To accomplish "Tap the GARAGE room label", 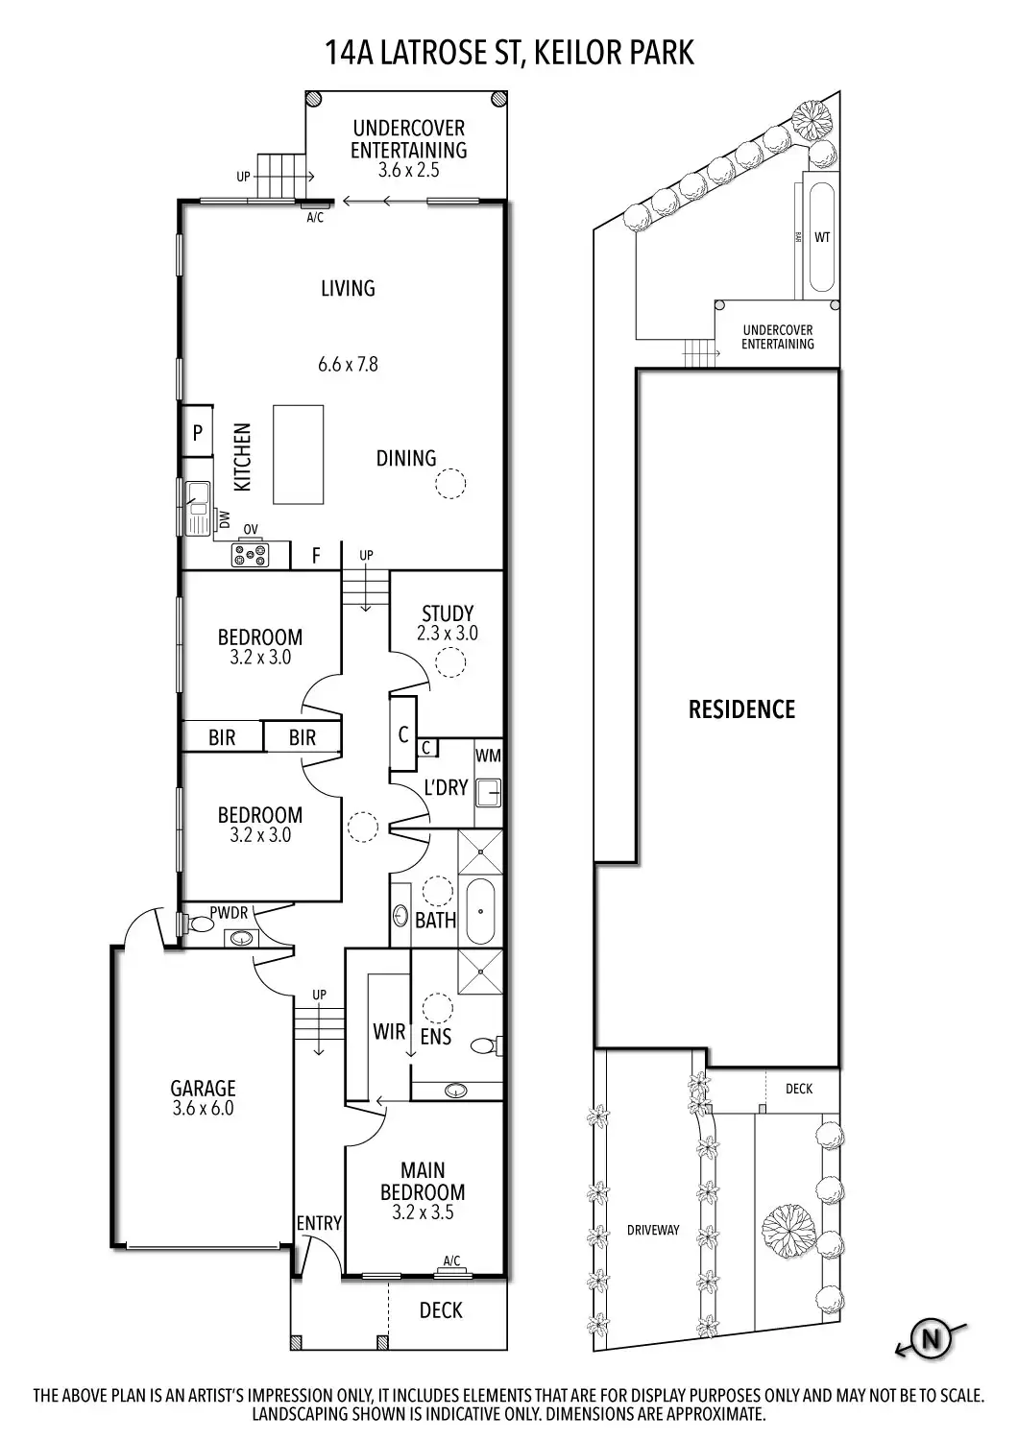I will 203,1088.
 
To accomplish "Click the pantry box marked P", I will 198,433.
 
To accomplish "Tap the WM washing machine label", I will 488,756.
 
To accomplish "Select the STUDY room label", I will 448,612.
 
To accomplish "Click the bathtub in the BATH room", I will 480,912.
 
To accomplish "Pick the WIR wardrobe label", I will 388,1032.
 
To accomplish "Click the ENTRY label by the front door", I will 319,1222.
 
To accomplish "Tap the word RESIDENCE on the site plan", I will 741,709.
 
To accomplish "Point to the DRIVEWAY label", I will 653,1230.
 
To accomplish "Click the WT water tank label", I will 822,237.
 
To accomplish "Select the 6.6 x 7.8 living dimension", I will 348,364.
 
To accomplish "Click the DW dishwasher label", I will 225,520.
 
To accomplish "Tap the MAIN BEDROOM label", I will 423,1181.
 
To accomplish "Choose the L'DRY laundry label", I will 446,787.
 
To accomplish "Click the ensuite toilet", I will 489,1045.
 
